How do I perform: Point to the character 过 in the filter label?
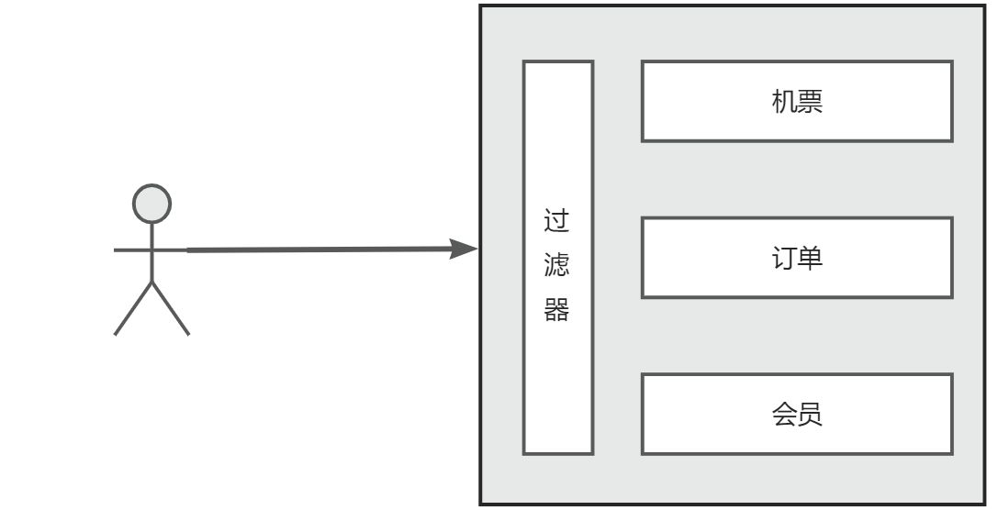coord(557,222)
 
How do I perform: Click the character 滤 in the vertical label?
coord(557,266)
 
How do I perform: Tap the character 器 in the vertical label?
coord(557,310)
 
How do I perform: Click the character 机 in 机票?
coord(784,102)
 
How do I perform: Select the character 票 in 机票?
coord(810,102)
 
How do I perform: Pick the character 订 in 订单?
coord(784,258)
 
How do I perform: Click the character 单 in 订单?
coord(810,258)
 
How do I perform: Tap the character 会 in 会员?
coord(784,415)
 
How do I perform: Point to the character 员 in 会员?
coord(810,415)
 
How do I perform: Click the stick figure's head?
coord(151,204)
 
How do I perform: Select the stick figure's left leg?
coord(132,309)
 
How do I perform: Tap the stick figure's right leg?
coord(171,309)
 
